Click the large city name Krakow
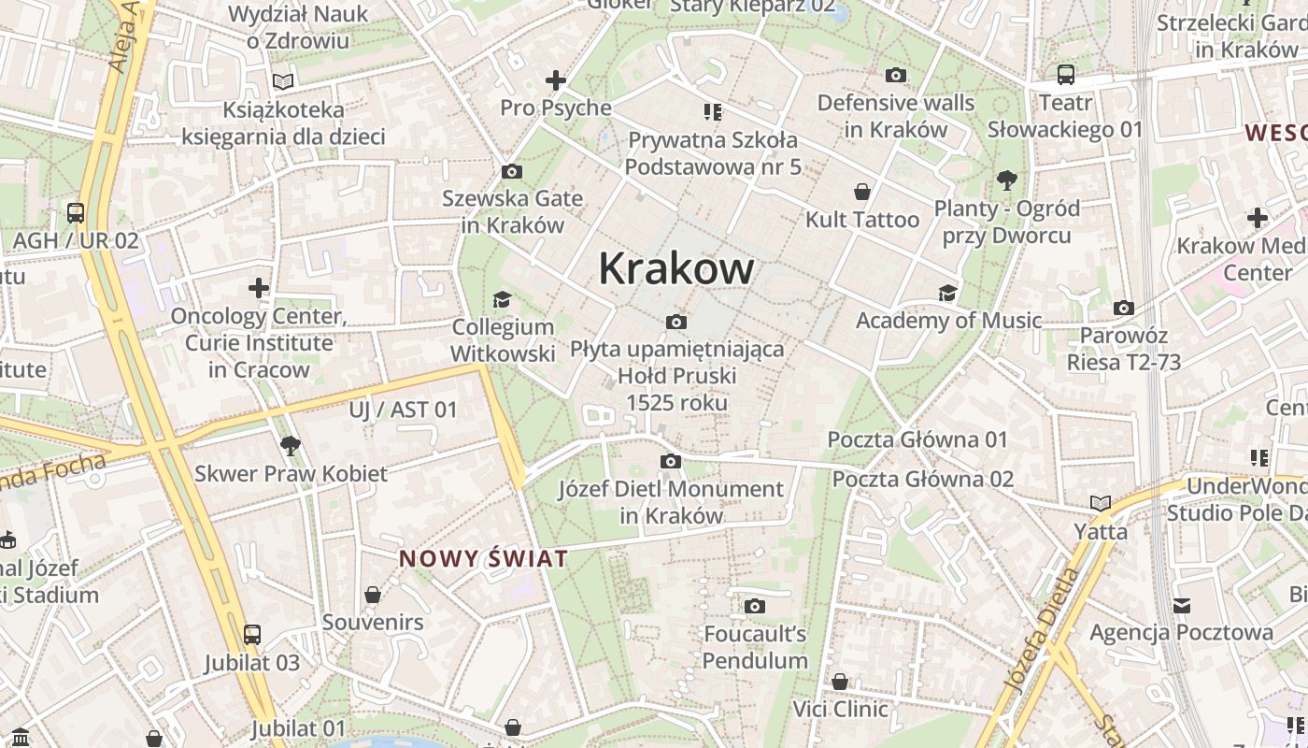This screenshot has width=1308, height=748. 675,268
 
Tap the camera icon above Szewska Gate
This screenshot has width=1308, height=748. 511,171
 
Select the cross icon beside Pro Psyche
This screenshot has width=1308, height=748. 556,80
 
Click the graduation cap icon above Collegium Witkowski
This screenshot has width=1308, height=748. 502,299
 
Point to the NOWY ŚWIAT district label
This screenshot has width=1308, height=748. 483,559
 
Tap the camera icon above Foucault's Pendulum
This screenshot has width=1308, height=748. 755,606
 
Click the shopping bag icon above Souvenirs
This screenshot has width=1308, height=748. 373,595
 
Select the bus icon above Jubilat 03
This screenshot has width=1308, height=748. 252,635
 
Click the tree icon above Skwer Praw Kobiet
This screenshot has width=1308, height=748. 291,445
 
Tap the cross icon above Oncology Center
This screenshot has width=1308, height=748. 259,288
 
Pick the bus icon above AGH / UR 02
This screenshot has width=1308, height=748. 76,213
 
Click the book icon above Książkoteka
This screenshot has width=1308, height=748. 283,82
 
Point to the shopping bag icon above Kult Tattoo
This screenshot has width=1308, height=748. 862,192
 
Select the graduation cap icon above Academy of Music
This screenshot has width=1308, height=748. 948,293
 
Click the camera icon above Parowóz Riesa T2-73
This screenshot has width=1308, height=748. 1124,308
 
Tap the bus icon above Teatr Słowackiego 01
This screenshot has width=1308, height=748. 1065,75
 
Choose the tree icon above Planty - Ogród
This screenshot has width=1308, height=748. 1006,180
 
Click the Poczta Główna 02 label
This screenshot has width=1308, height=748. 922,480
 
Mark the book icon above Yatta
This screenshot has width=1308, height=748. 1101,504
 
